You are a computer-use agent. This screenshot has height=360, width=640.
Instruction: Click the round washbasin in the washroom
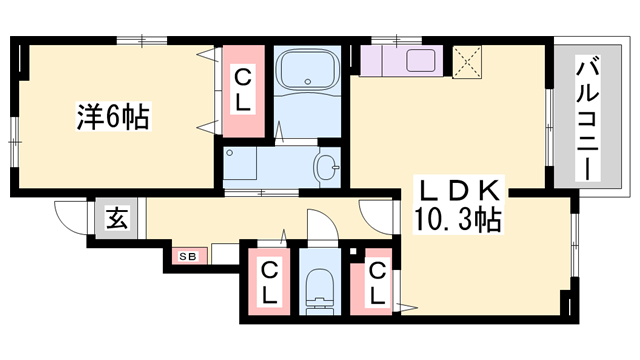pos(327,167)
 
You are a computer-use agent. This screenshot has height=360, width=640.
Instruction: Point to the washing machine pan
pos(240,166)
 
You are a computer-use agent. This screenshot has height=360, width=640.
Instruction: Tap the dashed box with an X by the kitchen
pos(467,61)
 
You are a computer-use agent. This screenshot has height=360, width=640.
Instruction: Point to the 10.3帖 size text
pos(457,217)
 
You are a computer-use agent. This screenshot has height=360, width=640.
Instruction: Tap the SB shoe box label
pos(188,256)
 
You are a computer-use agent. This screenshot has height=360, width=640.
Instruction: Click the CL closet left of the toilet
pos(269,283)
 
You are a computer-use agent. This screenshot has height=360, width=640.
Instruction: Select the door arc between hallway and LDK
pos(376,216)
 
